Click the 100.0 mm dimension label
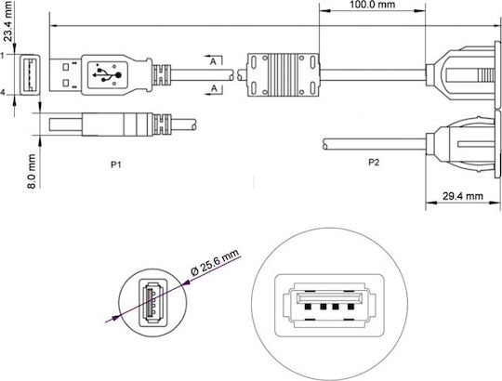[372, 5]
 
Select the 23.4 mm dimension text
[8, 21]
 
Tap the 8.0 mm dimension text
[32, 171]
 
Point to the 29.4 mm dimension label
[463, 196]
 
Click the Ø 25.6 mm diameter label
[215, 262]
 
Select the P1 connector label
[115, 164]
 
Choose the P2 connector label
[374, 163]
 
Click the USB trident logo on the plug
[107, 75]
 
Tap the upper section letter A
[213, 61]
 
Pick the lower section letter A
[214, 88]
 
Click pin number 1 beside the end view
[2, 56]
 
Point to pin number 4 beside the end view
[2, 93]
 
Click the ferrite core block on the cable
[283, 75]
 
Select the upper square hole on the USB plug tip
[66, 67]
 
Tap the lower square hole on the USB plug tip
[66, 84]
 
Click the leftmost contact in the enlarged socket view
[308, 307]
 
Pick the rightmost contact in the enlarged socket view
[350, 307]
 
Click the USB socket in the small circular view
[152, 303]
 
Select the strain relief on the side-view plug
[162, 125]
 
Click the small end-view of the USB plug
[30, 75]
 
